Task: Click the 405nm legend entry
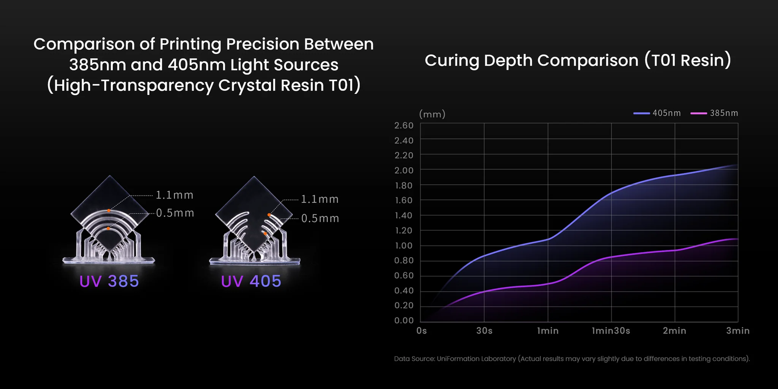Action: (657, 113)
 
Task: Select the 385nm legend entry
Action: (714, 113)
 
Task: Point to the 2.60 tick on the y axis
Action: (404, 125)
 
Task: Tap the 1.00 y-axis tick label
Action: (404, 246)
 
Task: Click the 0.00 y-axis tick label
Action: (404, 320)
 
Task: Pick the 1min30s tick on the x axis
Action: (611, 331)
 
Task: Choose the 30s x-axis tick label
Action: (484, 331)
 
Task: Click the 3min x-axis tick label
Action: (738, 331)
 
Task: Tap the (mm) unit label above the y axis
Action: (432, 114)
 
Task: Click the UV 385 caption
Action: (109, 281)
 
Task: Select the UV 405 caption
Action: (251, 281)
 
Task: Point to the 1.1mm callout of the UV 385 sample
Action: (175, 195)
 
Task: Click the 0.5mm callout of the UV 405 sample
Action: (320, 218)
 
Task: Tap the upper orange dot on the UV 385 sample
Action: (109, 211)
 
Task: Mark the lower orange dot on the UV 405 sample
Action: (265, 234)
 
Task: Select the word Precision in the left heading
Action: (262, 44)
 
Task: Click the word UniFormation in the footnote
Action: (459, 359)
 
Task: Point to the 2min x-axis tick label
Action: (674, 331)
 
